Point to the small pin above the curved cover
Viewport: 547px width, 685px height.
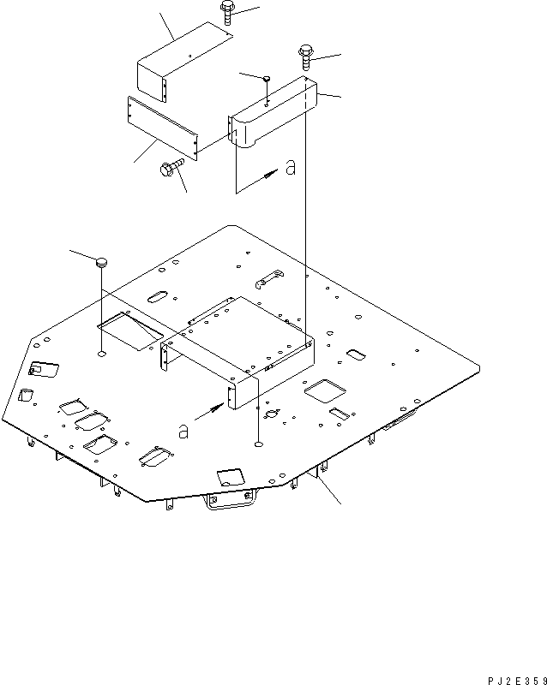click(267, 79)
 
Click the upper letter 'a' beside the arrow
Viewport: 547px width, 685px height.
click(291, 169)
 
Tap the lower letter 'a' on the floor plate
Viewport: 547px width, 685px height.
click(182, 430)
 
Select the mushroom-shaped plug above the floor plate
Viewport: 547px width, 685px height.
click(102, 262)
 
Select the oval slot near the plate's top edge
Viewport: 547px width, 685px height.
click(159, 296)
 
